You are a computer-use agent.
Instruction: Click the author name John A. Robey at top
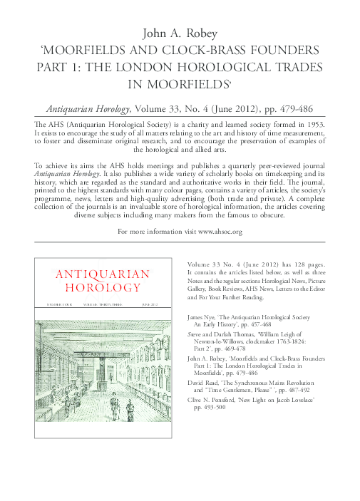180,33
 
